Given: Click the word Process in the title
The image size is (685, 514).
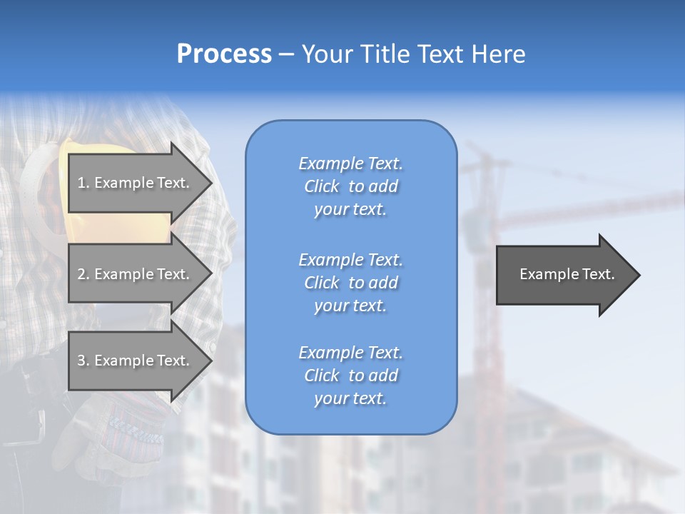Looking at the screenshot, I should click(x=224, y=54).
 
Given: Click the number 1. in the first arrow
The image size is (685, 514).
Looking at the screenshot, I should click(x=83, y=183).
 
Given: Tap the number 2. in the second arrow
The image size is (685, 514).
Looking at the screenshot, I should click(x=83, y=274).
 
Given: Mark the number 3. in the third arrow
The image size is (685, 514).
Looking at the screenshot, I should click(x=83, y=361).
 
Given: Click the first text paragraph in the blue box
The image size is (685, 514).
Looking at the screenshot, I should click(x=350, y=186).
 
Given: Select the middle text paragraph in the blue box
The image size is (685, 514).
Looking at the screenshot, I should click(x=350, y=283).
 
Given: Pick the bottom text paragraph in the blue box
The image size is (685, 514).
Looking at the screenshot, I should click(x=350, y=376).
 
